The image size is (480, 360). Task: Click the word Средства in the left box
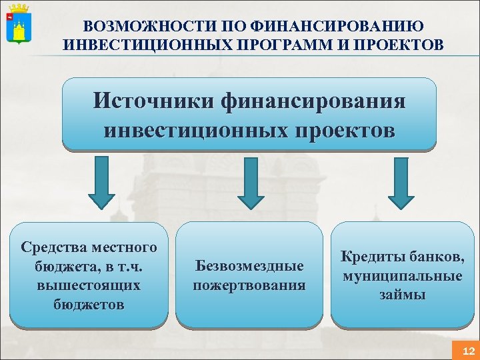[54, 248]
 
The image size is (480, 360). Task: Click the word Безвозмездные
[249, 266]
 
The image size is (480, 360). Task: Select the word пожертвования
[249, 285]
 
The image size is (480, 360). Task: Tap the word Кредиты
[371, 257]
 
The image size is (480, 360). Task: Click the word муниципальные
[402, 275]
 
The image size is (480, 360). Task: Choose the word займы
[402, 294]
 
